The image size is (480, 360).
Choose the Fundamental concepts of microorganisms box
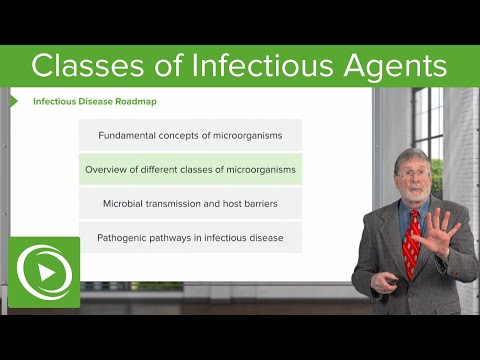[190, 135]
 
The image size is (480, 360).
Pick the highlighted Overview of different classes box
[190, 169]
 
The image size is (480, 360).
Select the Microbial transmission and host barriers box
[190, 203]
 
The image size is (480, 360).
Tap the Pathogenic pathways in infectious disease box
[190, 237]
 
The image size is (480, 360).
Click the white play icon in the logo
[43, 272]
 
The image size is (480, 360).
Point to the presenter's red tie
[411, 245]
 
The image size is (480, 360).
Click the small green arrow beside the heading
[14, 101]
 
